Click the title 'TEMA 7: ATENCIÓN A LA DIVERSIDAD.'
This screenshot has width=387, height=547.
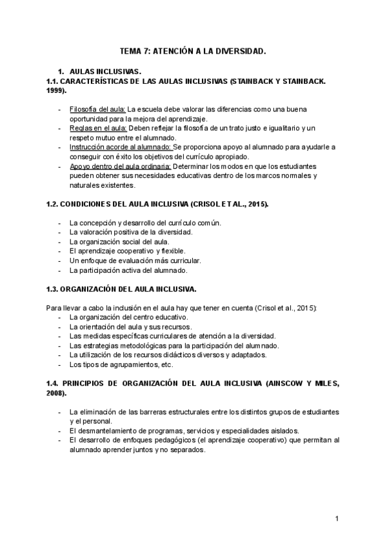click(x=193, y=50)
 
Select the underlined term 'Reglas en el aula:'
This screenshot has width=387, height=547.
click(x=96, y=128)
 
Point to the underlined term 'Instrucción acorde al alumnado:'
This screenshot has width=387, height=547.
click(x=120, y=147)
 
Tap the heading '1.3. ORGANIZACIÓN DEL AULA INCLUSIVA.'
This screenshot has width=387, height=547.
click(x=121, y=288)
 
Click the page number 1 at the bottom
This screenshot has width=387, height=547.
click(x=337, y=519)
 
